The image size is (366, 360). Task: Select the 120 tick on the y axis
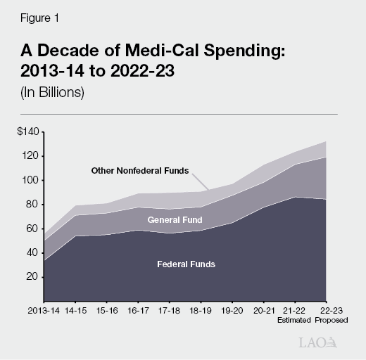coord(32,156)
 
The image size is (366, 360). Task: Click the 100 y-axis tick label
coord(32,180)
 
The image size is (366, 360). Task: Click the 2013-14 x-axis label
coord(43,309)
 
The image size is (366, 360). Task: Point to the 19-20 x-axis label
coord(232,309)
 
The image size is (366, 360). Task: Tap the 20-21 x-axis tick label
coord(264,309)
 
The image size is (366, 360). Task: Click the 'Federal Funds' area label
coord(186,264)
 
